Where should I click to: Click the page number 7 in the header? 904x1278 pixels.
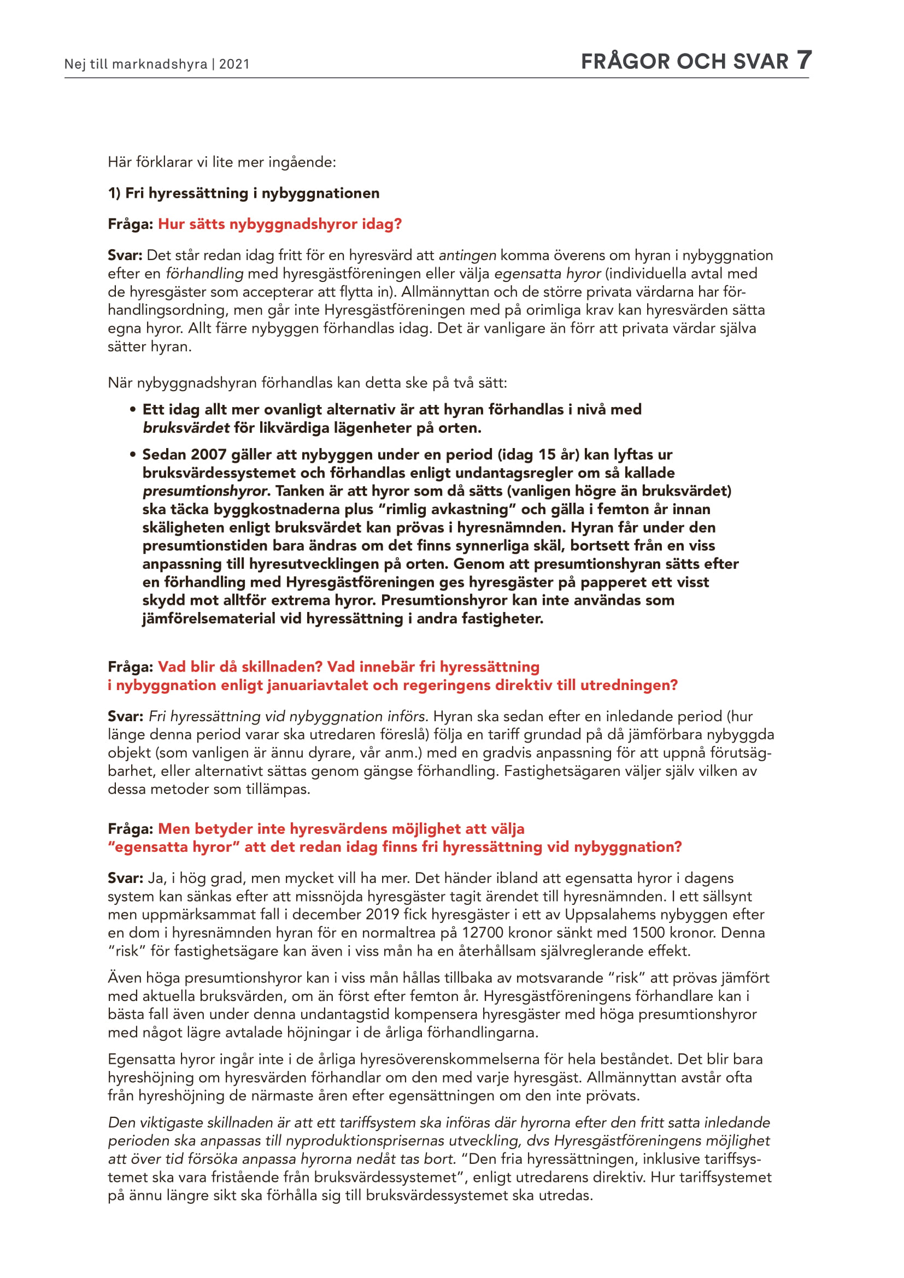[x=804, y=60]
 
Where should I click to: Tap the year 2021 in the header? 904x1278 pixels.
[x=234, y=64]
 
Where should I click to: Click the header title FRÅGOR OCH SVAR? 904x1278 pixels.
[x=684, y=62]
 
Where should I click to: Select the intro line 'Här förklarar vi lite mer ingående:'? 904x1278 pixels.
[x=221, y=162]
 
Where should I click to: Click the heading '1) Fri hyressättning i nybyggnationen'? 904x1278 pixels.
[x=243, y=193]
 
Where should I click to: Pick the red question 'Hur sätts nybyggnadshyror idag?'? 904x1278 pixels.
[x=279, y=225]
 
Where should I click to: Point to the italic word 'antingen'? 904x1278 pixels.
[x=467, y=256]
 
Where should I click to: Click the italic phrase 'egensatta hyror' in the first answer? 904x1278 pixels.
[x=547, y=274]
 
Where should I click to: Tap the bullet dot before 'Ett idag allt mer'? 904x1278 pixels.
[x=133, y=410]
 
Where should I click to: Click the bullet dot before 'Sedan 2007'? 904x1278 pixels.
[x=133, y=455]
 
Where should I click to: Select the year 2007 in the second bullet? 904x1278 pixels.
[x=208, y=455]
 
